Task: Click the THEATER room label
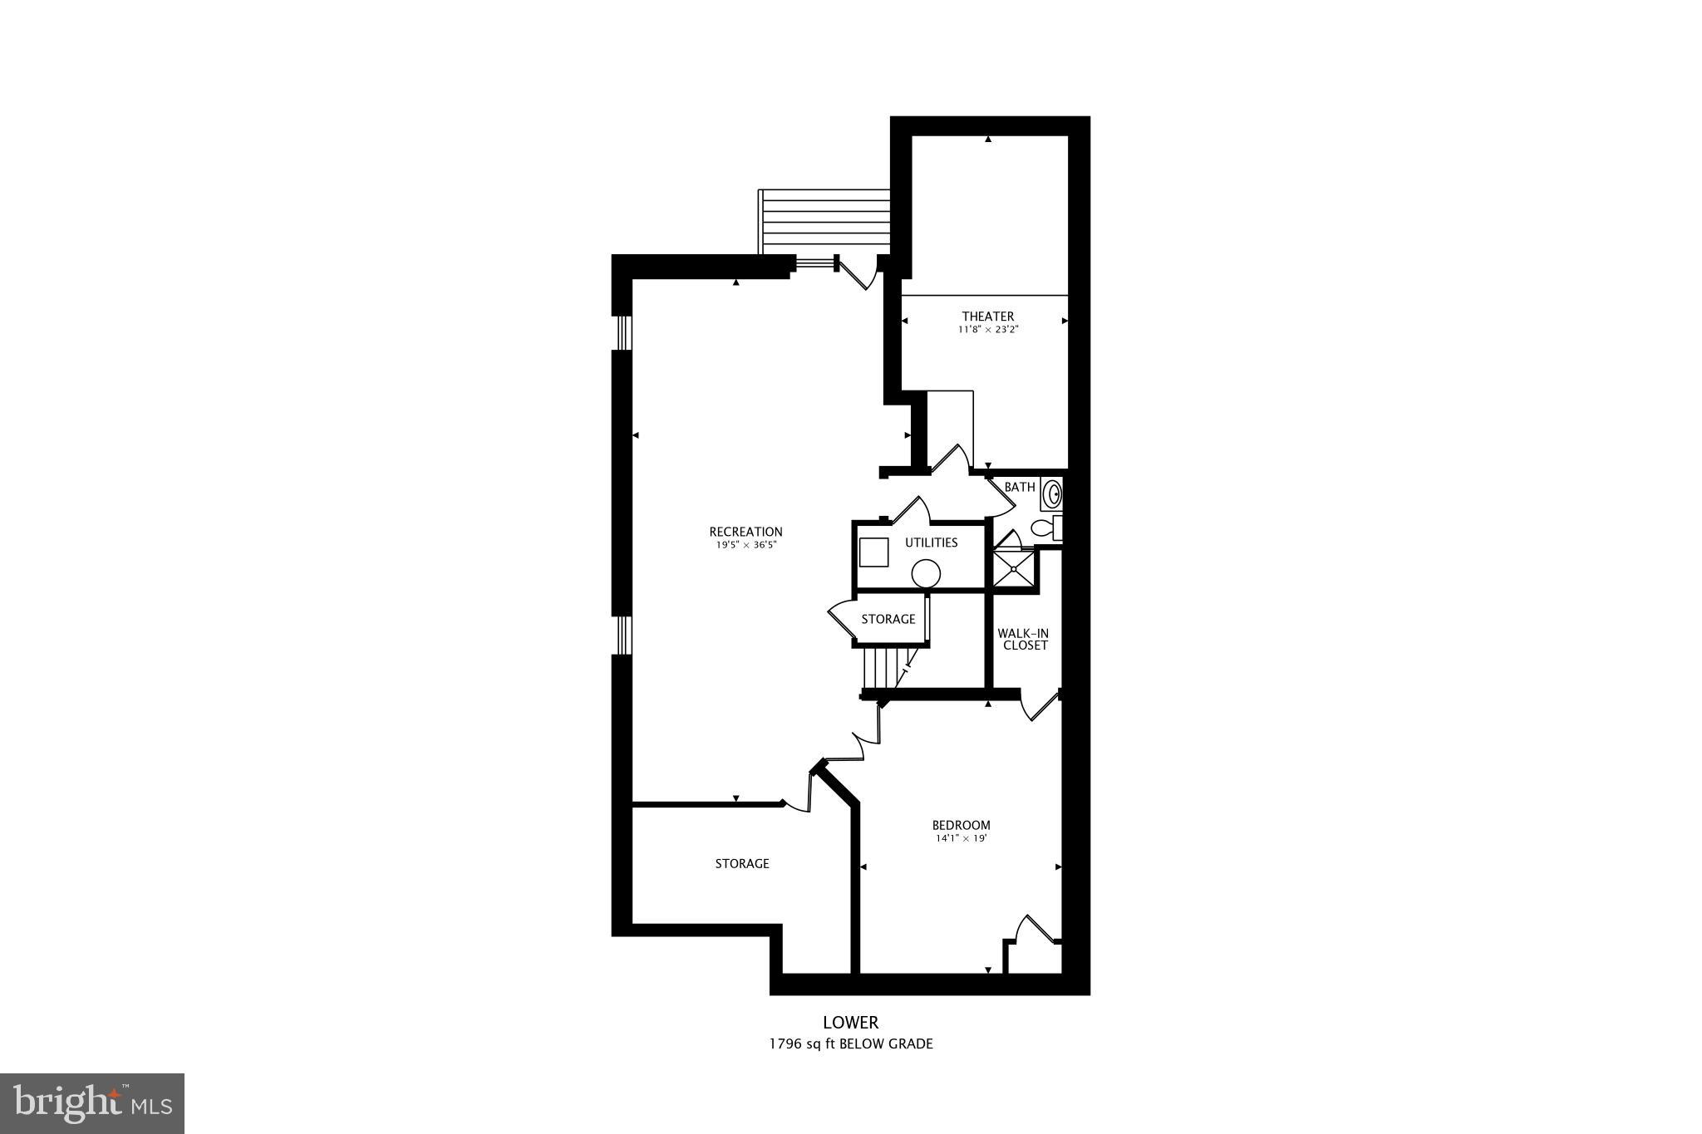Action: point(987,316)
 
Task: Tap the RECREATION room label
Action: point(745,532)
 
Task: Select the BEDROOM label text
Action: point(961,825)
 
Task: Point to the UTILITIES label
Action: point(931,542)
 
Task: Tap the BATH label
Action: point(1020,487)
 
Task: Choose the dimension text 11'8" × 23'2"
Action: point(987,330)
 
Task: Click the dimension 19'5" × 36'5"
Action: point(745,545)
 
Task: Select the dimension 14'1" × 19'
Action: point(961,838)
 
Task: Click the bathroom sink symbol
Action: point(1053,493)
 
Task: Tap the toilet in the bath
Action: point(1044,528)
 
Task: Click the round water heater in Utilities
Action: point(925,573)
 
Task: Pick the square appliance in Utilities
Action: point(873,552)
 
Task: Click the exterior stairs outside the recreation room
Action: point(824,222)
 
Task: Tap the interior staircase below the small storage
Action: point(883,670)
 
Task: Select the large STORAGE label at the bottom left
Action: point(742,864)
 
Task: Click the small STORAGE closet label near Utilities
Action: point(888,619)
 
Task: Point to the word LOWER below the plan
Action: point(850,1023)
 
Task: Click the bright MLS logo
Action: point(92,1103)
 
